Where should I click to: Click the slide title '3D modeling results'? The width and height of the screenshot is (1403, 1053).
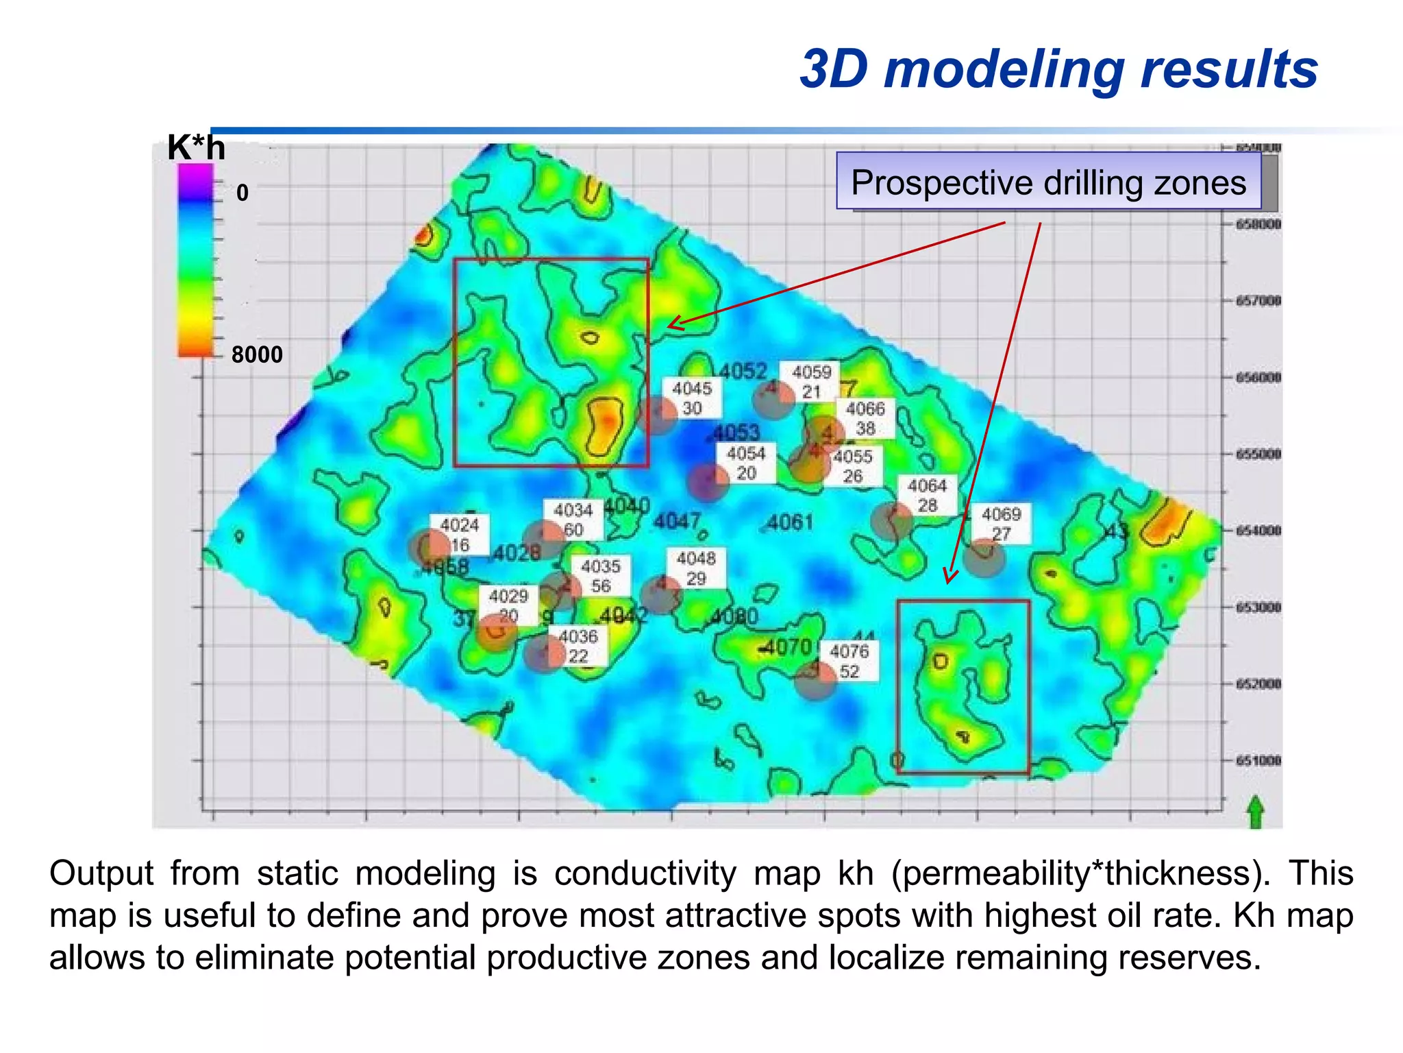[x=1058, y=69]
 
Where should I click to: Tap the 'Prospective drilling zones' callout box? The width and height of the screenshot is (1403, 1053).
[x=1048, y=182]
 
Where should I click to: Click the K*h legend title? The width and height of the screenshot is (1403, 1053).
[x=196, y=147]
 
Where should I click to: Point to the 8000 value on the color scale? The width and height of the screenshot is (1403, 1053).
[x=257, y=354]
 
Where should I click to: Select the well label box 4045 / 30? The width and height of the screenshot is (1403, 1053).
[x=692, y=398]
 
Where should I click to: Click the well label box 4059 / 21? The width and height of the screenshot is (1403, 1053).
[x=811, y=382]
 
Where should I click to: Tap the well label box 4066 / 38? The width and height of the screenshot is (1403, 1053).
[x=865, y=418]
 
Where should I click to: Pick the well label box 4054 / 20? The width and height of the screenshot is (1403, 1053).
[x=746, y=463]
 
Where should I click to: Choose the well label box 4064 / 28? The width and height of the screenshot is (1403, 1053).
[x=927, y=496]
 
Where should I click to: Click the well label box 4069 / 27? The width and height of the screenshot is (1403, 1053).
[x=1001, y=524]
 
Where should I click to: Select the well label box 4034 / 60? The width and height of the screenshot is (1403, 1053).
[x=573, y=520]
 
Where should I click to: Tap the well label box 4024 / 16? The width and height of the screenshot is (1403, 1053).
[x=460, y=535]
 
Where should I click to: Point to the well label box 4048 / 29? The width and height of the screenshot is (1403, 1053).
[x=696, y=568]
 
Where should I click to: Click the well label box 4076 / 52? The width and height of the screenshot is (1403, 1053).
[x=849, y=661]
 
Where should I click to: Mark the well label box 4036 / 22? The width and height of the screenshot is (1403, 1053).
[x=578, y=646]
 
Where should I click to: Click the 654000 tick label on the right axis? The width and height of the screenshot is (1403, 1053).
[x=1258, y=531]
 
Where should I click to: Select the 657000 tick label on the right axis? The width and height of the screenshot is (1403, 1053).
[x=1258, y=301]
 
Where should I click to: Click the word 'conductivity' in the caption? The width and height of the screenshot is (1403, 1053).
[x=645, y=874]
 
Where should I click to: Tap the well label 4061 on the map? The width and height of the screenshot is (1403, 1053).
[x=790, y=522]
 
